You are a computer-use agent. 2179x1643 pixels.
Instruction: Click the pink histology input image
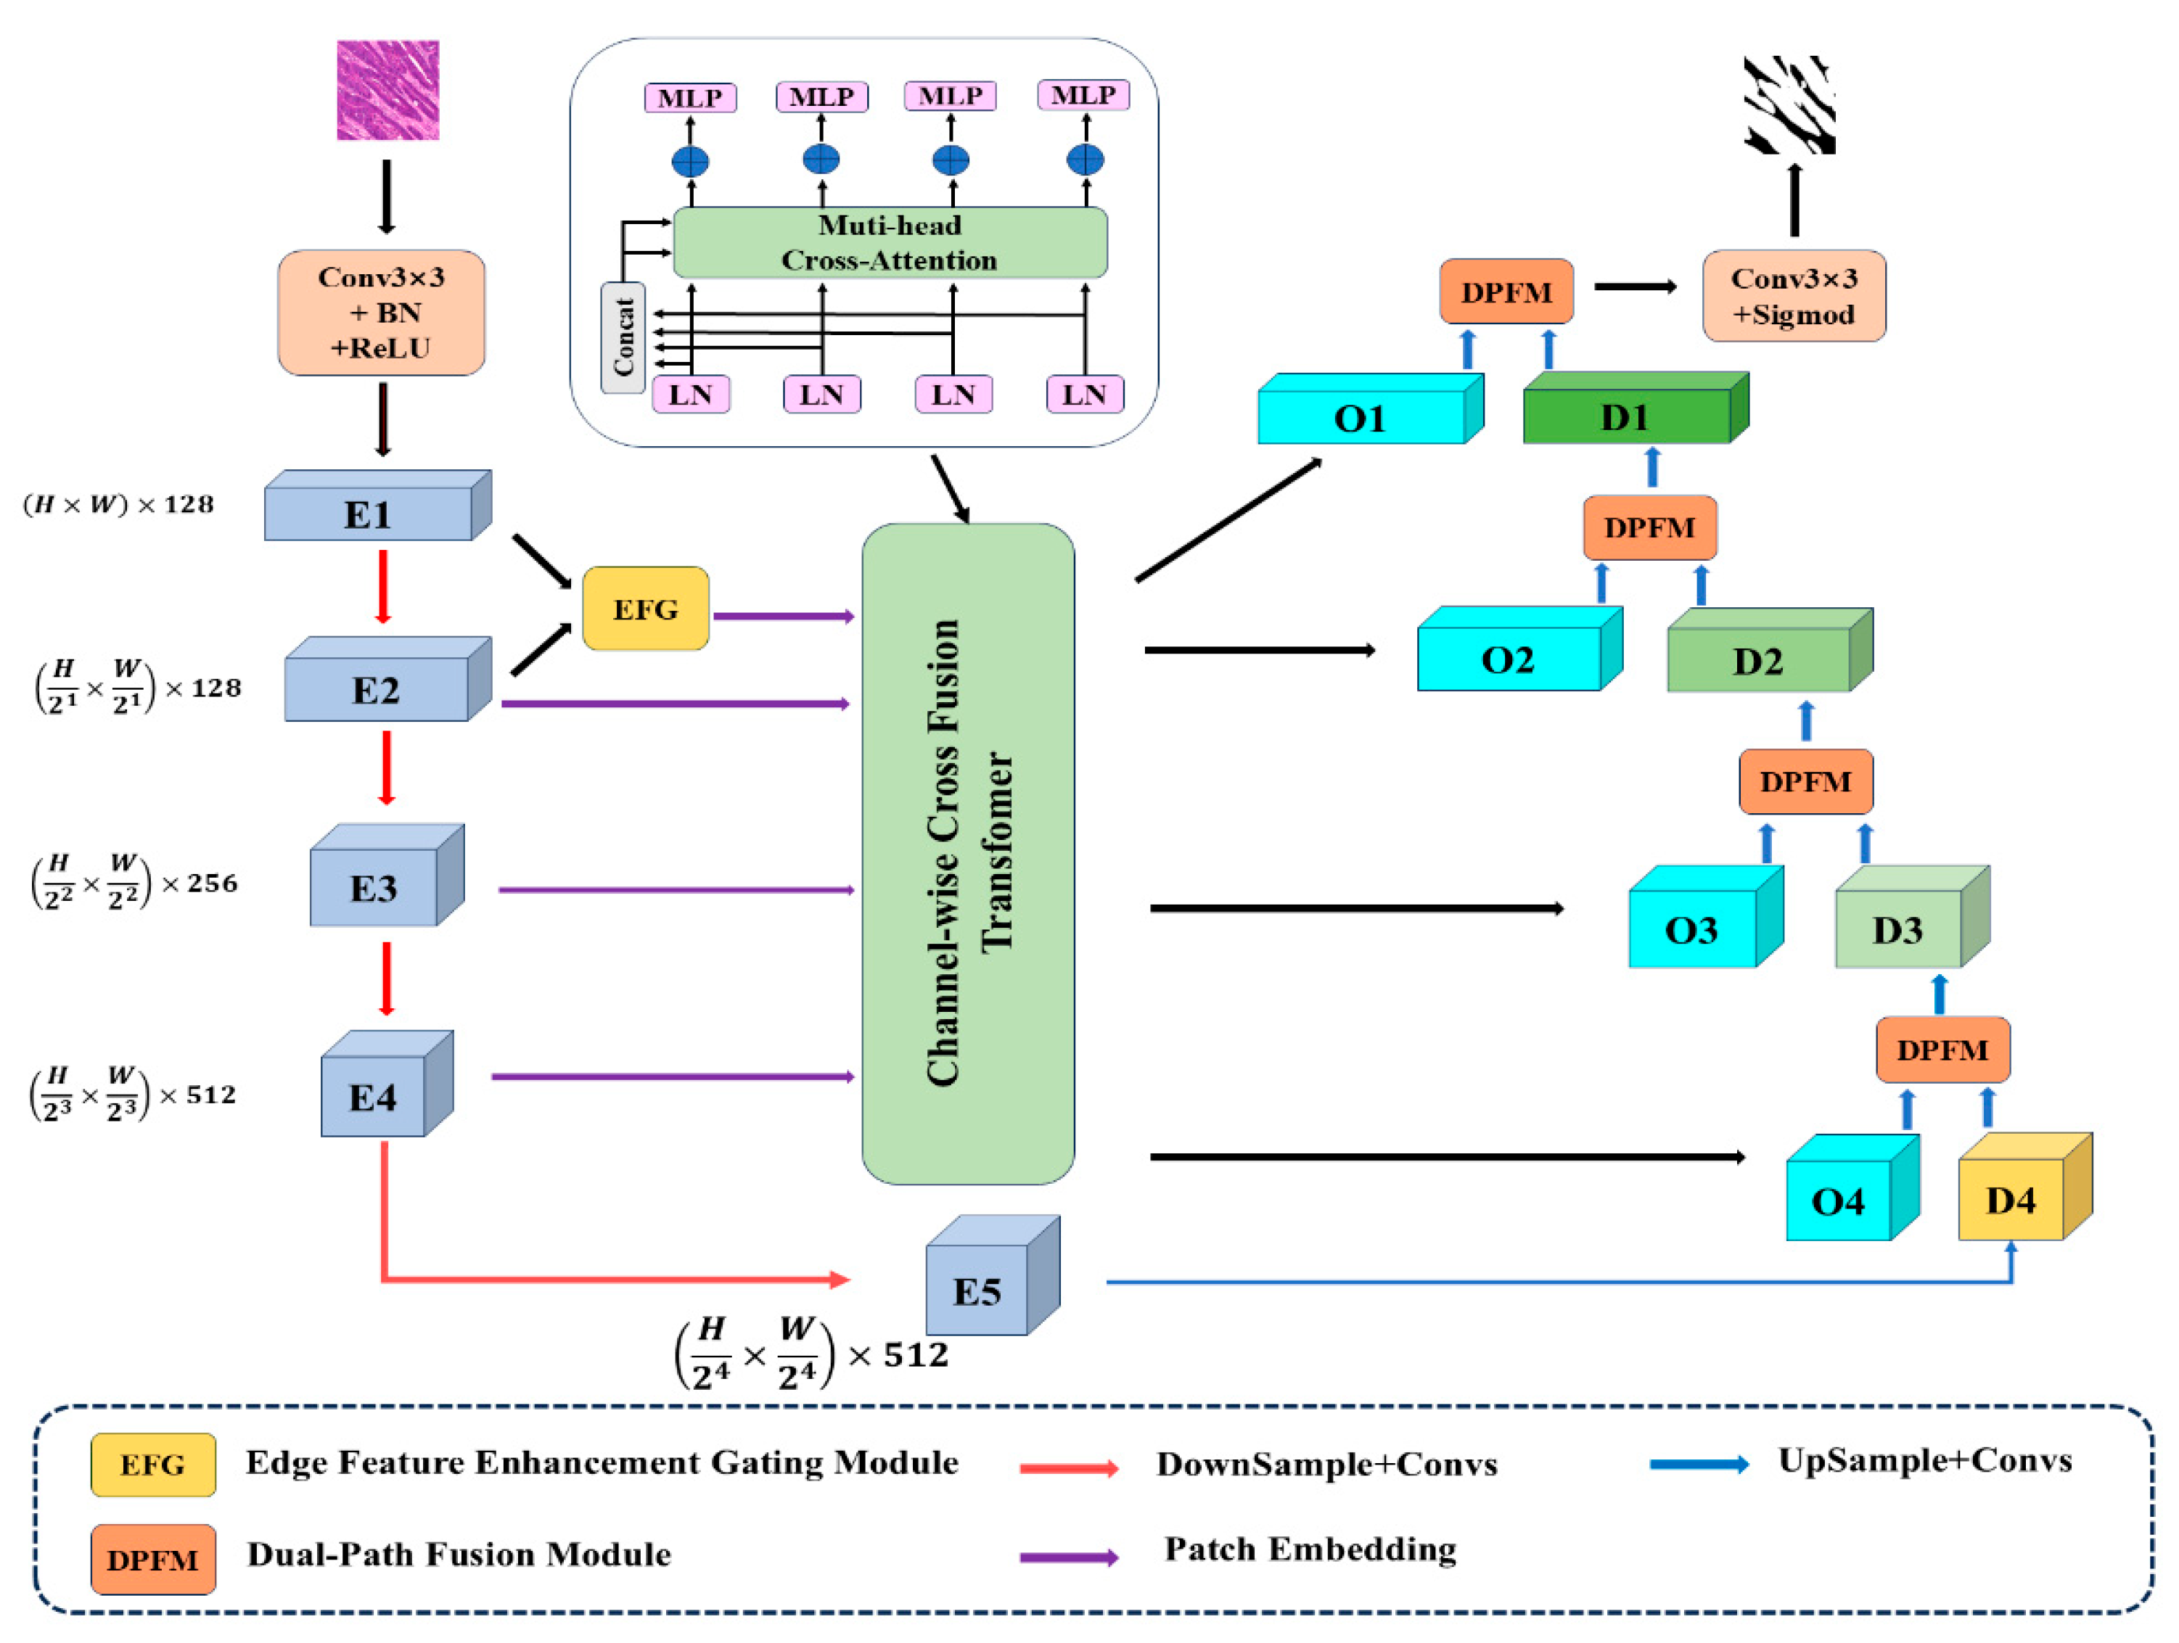(387, 90)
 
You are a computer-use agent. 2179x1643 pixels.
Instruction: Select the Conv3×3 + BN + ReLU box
(381, 312)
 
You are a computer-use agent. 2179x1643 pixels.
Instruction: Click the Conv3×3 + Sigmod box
(1794, 295)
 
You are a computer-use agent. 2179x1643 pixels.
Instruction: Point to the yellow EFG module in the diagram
(645, 609)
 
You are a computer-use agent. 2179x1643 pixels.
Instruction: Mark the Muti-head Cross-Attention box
(890, 242)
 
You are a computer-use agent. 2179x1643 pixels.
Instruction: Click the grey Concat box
(623, 337)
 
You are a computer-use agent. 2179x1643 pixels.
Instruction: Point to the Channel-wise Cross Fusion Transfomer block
(967, 853)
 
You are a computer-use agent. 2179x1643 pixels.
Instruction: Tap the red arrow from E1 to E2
(383, 586)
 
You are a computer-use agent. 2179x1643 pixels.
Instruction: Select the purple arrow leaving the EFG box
(783, 617)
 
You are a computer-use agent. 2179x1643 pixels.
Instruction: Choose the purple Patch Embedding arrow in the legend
(1069, 1557)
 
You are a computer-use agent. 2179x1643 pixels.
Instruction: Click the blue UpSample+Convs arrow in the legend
(1698, 1465)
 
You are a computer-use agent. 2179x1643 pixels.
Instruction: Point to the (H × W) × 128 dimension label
(118, 504)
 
